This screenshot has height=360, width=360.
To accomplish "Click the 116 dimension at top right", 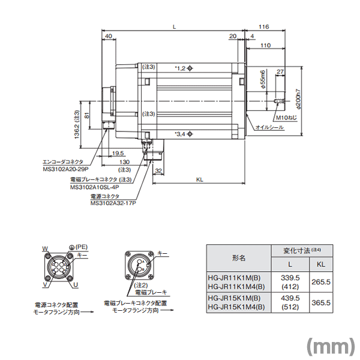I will (262, 27).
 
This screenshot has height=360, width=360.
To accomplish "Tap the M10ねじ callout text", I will (286, 118).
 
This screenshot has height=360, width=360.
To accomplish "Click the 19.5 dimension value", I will (118, 154).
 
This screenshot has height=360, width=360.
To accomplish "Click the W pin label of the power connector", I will (44, 248).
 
